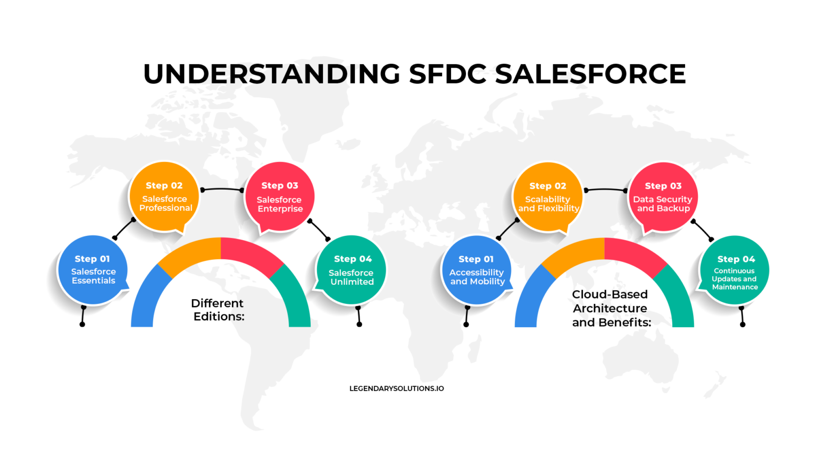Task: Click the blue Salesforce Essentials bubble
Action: point(93,269)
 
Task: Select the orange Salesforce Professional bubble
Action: point(165,197)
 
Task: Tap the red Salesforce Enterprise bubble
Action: point(280,197)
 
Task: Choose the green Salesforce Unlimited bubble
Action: point(352,269)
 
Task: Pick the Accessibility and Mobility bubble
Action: point(477,270)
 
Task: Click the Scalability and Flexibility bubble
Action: point(548,197)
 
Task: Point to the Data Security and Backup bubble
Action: point(663,197)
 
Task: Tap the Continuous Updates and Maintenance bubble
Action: point(735,270)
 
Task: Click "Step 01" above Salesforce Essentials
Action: point(92,259)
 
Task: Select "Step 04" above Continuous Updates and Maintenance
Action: point(736,259)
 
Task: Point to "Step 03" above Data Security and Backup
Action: point(663,186)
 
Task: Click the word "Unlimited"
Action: point(352,282)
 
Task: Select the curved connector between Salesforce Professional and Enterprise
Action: point(222,188)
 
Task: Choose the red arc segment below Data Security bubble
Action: point(633,253)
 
